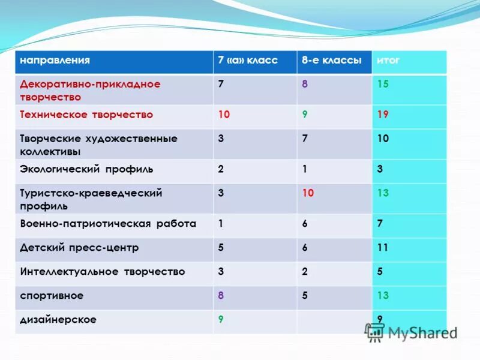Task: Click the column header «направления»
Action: click(x=55, y=61)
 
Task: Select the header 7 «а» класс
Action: click(x=248, y=61)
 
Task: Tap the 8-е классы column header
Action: click(x=332, y=61)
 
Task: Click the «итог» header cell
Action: click(x=388, y=61)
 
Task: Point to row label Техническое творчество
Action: click(x=86, y=115)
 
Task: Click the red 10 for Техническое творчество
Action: click(x=224, y=115)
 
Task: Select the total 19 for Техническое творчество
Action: click(x=383, y=115)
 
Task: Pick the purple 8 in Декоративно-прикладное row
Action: click(x=305, y=85)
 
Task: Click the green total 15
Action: click(x=383, y=85)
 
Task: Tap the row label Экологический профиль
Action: click(x=86, y=169)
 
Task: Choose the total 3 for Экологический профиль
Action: click(x=380, y=169)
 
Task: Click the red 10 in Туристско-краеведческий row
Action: click(x=308, y=193)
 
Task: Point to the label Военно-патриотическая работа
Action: click(x=108, y=224)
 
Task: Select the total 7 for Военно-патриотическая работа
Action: click(x=380, y=224)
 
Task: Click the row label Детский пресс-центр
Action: click(x=79, y=247)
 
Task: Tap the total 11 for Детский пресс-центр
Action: click(x=383, y=247)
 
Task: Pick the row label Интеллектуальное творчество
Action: click(x=103, y=272)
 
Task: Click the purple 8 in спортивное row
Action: click(x=221, y=295)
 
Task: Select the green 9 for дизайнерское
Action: click(x=221, y=320)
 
